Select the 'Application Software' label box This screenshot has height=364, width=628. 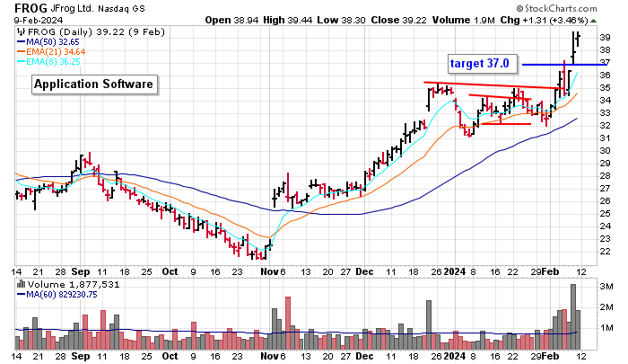tap(94, 84)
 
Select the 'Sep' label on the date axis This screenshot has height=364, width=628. tap(81, 271)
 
